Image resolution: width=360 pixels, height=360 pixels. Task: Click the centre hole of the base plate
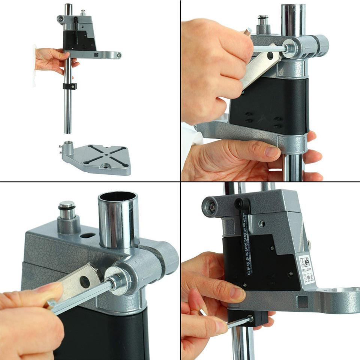point(106,154)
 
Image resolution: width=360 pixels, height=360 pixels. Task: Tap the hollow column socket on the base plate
point(68,144)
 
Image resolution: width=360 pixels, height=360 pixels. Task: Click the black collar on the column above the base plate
point(69,86)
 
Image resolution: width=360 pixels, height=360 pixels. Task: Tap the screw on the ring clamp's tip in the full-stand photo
point(118,55)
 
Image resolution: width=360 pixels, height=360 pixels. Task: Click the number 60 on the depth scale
point(249,273)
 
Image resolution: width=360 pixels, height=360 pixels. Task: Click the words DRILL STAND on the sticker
point(306,270)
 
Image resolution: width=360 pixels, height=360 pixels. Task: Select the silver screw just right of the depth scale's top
point(261,223)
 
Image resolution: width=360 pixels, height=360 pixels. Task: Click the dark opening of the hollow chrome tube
point(117,196)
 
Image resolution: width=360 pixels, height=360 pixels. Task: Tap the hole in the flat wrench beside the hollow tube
point(85,282)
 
